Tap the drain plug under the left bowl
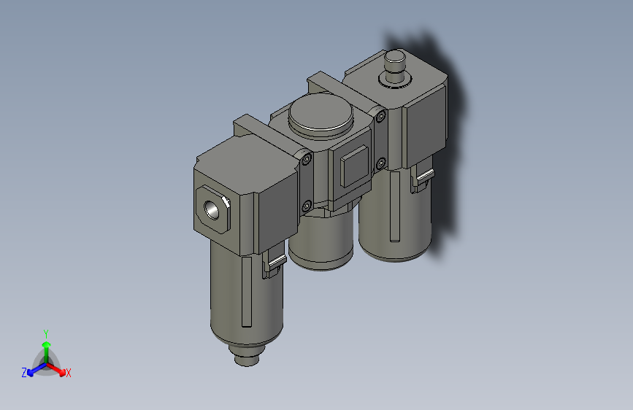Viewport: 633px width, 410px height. (246, 357)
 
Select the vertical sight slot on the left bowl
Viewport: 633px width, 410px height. (246, 292)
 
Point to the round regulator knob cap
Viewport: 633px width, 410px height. (321, 115)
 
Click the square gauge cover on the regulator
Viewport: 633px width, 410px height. (354, 166)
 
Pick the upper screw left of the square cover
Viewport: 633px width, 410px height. (307, 156)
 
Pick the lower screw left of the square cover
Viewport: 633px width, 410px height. (307, 205)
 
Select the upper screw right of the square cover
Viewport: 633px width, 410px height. (380, 115)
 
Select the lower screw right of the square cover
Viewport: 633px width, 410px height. (380, 162)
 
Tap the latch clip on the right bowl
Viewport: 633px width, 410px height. (421, 179)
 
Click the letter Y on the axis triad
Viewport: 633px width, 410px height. (45, 332)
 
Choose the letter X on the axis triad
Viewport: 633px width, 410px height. (69, 373)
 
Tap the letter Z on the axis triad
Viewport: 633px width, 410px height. (24, 373)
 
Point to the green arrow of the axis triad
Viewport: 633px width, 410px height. (46, 346)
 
